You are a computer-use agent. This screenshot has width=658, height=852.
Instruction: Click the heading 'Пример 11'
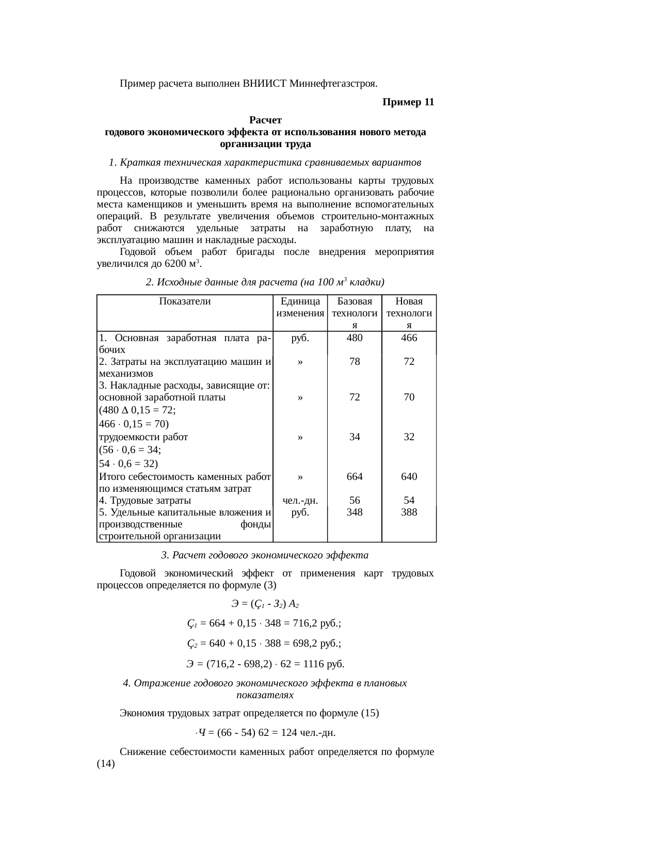[408, 102]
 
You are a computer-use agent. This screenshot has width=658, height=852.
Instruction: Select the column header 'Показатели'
[185, 302]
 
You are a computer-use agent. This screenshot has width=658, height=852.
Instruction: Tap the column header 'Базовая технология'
[354, 313]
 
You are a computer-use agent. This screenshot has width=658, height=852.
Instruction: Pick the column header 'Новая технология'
[409, 313]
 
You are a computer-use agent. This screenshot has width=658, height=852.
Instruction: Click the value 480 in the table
[355, 338]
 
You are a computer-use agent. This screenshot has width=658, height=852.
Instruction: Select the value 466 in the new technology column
[409, 338]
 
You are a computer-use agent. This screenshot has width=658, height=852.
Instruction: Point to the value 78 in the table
[355, 362]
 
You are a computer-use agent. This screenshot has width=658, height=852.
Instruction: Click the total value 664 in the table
[355, 477]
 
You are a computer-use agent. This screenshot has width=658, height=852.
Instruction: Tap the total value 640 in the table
[409, 477]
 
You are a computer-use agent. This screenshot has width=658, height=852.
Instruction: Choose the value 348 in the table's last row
[355, 512]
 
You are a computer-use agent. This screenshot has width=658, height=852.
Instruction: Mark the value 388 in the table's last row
[409, 512]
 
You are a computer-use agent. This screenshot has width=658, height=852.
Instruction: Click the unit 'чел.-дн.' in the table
[300, 501]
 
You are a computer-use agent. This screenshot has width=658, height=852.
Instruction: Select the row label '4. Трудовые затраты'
[145, 501]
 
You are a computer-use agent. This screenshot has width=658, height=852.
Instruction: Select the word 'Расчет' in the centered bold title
[265, 121]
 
